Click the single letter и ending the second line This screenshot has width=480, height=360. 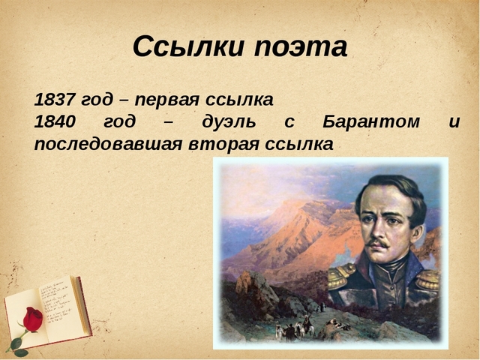click(x=453, y=122)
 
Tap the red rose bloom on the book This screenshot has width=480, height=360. click(x=32, y=319)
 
